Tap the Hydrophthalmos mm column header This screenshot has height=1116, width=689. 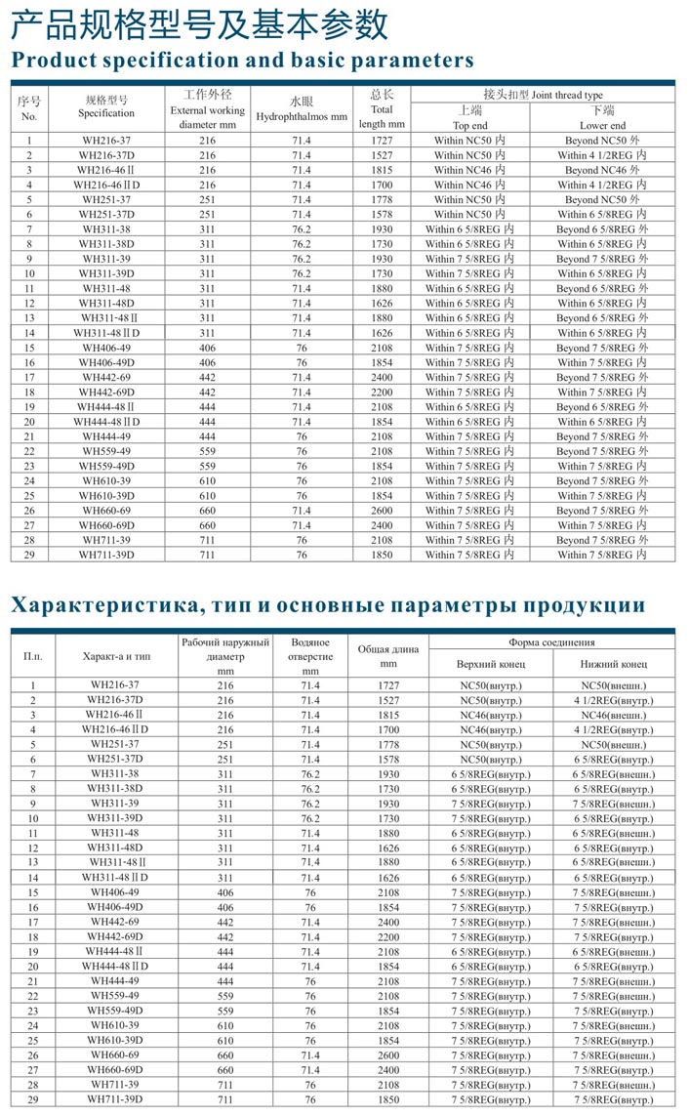tap(301, 116)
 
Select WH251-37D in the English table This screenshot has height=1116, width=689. tap(107, 215)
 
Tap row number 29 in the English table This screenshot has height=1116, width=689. tap(29, 555)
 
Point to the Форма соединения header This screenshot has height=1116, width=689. tap(551, 642)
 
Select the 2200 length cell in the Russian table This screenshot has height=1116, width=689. tap(388, 937)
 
